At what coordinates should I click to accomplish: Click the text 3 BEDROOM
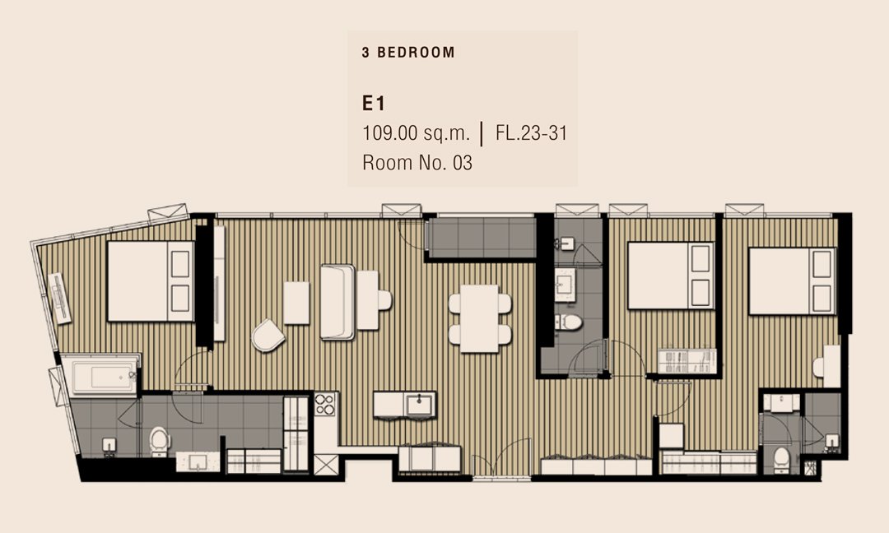408,53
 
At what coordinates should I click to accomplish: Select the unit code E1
374,104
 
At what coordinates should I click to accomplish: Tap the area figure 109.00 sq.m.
417,133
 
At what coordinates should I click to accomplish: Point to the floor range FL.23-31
531,133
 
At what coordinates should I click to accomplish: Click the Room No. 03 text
417,163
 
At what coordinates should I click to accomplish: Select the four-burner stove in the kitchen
325,405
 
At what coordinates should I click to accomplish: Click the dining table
480,319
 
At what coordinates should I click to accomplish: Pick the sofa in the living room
338,302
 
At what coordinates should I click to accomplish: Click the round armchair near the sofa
268,335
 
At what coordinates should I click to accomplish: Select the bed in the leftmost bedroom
151,281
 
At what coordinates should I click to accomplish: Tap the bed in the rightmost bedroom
792,281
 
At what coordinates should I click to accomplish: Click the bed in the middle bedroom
671,276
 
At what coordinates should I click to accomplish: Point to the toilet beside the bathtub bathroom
160,441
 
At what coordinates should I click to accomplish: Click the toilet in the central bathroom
568,322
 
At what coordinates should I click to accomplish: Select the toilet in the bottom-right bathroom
782,459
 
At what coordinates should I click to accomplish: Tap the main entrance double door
501,457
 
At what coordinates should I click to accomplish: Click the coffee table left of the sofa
296,303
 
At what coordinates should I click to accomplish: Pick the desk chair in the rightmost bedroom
817,367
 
